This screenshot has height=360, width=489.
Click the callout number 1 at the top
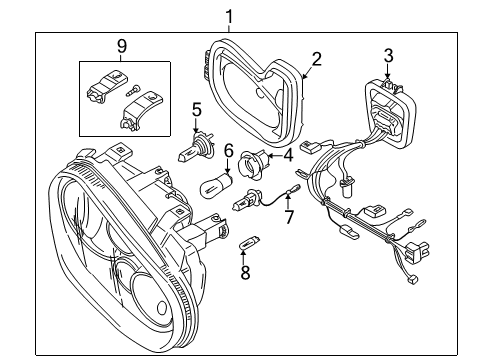229,16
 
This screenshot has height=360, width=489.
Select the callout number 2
316,59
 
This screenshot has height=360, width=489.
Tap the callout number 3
388,55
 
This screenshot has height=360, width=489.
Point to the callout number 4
288,155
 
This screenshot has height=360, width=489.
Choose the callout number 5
197,110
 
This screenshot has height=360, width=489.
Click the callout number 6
228,151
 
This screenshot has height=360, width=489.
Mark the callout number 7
289,218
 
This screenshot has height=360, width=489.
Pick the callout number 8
245,273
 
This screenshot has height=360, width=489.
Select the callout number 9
122,46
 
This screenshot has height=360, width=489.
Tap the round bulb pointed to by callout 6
216,184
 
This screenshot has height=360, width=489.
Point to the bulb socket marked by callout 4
254,161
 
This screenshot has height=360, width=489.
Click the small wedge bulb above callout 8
250,242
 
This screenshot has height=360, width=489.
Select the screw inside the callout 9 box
134,90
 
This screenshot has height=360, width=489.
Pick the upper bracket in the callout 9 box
107,86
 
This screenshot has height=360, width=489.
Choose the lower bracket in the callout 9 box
141,110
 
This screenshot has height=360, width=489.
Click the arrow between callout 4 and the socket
275,155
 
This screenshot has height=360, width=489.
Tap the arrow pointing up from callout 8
244,256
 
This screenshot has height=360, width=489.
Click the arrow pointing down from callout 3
387,72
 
